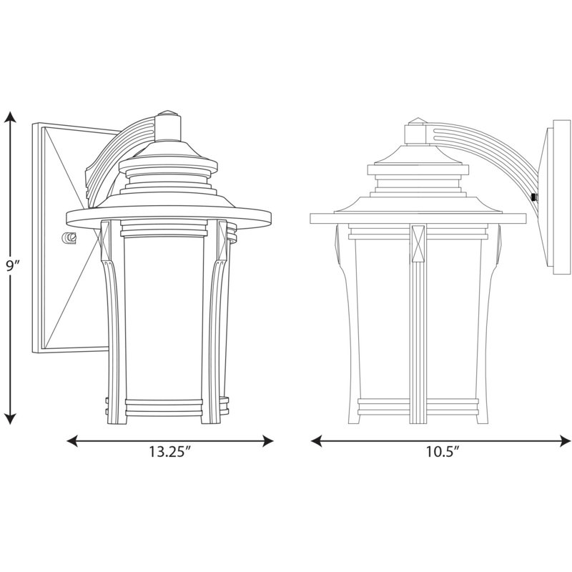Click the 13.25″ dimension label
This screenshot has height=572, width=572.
click(170, 452)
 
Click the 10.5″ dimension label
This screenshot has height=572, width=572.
click(443, 452)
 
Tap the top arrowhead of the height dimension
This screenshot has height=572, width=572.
click(11, 117)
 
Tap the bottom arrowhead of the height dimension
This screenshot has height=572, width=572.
click(11, 419)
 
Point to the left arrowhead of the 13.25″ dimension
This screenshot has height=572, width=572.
click(73, 440)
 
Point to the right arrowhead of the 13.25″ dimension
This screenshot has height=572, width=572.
click(267, 440)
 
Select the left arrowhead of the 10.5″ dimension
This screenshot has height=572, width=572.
click(317, 440)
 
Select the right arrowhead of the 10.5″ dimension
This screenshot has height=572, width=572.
click(565, 440)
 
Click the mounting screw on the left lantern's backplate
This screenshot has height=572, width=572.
click(69, 238)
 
